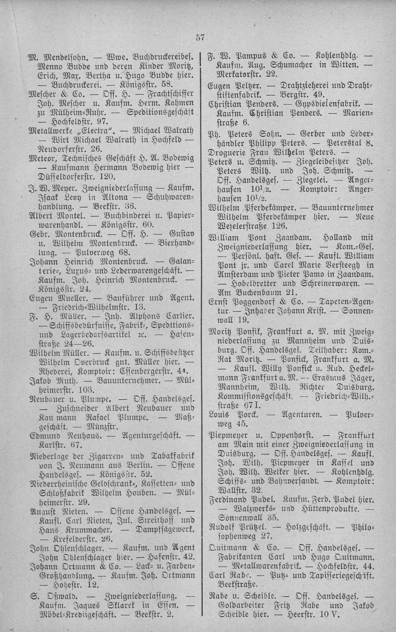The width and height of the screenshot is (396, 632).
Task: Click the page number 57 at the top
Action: tap(200, 38)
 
